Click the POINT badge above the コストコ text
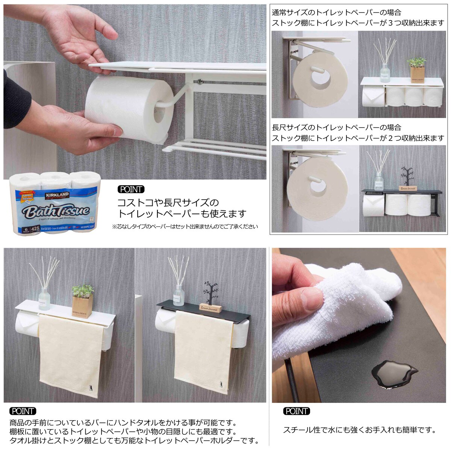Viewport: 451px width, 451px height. (x=131, y=189)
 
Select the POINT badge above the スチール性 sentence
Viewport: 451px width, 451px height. (x=297, y=411)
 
